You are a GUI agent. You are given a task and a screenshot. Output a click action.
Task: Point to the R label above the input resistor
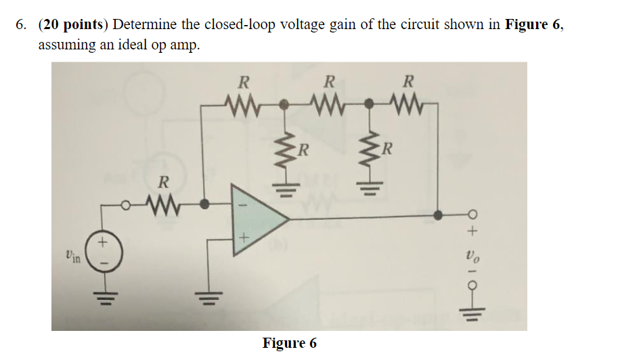(x=162, y=182)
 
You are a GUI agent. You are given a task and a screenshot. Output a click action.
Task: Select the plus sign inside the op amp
(x=245, y=238)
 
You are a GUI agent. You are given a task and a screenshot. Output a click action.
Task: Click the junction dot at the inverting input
(x=204, y=202)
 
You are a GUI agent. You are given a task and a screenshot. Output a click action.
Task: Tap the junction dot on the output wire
(x=439, y=215)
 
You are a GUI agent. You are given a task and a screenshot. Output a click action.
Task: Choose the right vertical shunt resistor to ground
(x=370, y=149)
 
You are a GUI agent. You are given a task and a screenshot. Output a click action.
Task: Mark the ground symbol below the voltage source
(x=104, y=295)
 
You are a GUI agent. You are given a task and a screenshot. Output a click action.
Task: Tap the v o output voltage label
(x=472, y=256)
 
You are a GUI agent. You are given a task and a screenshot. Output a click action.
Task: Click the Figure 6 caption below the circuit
(x=289, y=343)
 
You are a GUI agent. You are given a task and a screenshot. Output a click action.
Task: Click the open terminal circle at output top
(x=472, y=215)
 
